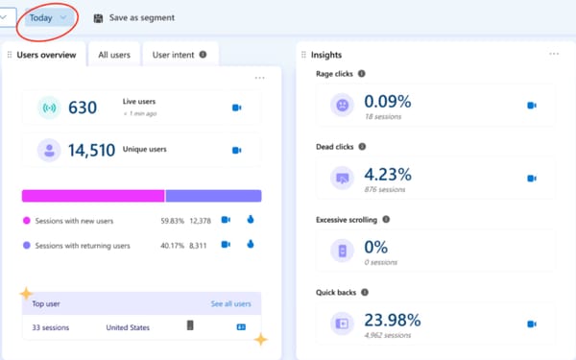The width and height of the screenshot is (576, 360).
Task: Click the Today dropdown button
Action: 47,17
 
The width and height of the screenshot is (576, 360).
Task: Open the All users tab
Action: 114,55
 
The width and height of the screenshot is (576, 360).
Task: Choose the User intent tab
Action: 178,55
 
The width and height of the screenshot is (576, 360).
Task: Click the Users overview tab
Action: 45,55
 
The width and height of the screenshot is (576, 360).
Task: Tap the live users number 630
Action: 82,108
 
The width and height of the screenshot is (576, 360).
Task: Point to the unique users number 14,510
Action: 92,150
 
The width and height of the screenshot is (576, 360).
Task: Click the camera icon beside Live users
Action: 237,108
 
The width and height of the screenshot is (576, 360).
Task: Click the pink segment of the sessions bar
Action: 93,196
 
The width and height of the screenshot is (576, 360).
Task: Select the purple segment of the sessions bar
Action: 213,196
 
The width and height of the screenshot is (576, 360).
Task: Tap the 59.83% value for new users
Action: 173,221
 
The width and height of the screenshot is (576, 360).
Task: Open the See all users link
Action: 230,303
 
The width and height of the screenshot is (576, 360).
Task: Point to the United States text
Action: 128,327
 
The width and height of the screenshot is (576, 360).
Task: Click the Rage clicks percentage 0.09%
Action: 387,101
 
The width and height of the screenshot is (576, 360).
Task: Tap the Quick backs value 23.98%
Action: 393,320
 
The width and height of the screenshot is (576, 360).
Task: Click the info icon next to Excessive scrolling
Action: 386,219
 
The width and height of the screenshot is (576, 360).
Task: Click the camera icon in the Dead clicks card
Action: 531,179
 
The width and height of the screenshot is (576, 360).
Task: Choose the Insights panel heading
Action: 326,55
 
